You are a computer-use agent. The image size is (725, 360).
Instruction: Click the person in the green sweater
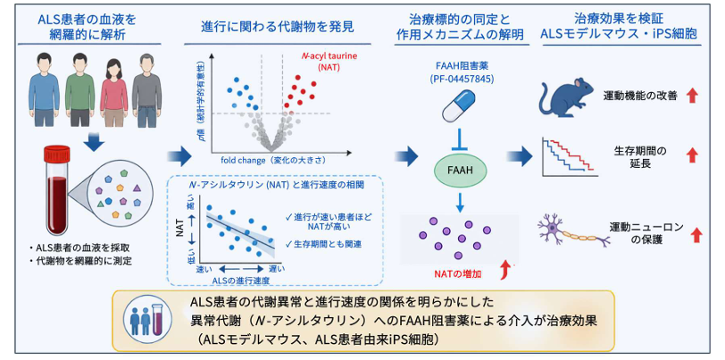point(79,89)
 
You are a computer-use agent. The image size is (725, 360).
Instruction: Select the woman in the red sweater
point(113,92)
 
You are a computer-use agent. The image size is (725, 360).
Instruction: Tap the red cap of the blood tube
point(58,153)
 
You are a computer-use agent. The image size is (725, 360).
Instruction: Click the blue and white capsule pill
point(459,105)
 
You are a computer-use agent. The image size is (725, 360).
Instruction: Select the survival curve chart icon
point(568,156)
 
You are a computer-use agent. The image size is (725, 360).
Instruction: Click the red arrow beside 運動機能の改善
point(692,96)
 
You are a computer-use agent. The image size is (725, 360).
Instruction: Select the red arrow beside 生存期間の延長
point(692,156)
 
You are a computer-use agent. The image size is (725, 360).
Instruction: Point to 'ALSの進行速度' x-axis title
point(241,280)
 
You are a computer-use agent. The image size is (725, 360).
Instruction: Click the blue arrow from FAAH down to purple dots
point(459,200)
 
